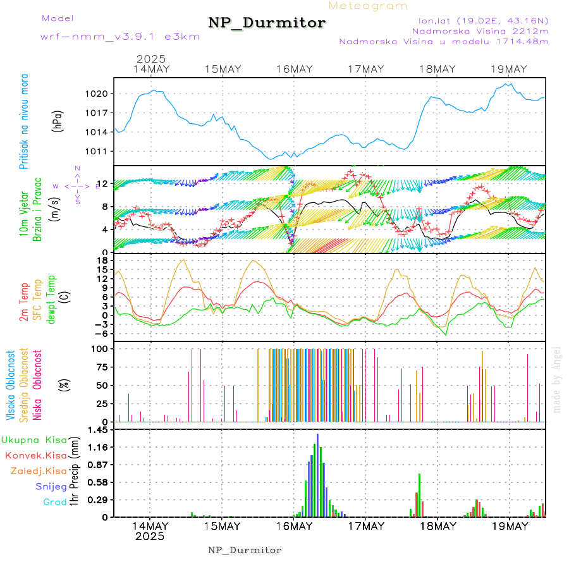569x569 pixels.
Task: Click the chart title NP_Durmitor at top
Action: pyautogui.click(x=267, y=23)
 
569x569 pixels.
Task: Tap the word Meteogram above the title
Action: pyautogui.click(x=369, y=6)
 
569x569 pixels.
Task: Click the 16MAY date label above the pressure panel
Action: pyautogui.click(x=295, y=69)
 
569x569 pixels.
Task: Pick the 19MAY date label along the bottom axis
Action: pyautogui.click(x=509, y=525)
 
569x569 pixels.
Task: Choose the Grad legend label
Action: pyautogui.click(x=54, y=502)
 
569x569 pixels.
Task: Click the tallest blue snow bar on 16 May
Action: pyautogui.click(x=317, y=474)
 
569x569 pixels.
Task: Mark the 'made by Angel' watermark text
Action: pyautogui.click(x=557, y=379)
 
